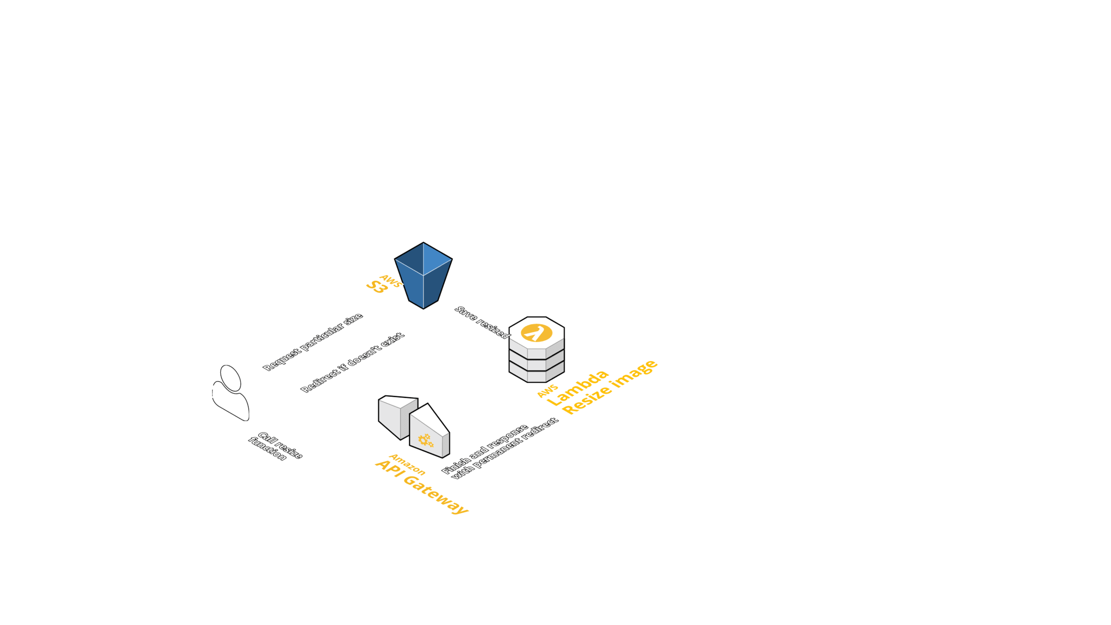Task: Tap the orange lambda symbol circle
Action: coord(537,332)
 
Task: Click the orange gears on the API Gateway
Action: coord(425,440)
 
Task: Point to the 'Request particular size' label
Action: coord(312,342)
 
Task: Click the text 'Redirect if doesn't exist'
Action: coord(352,362)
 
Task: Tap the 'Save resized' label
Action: coord(482,322)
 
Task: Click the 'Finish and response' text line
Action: coord(485,449)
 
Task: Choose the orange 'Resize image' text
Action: coord(611,387)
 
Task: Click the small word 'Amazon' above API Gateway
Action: coord(407,464)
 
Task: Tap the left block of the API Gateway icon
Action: coord(396,416)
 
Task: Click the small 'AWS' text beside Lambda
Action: coord(548,391)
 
